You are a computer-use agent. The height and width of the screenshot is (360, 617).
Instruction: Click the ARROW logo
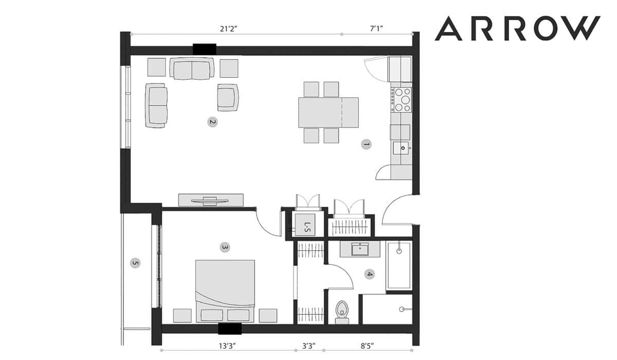coord(517,28)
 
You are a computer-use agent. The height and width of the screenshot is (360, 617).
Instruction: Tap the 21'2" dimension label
coord(229,29)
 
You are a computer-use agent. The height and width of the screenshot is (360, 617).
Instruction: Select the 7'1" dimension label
coord(376,29)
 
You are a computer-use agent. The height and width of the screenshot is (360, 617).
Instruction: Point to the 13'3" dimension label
coord(228,346)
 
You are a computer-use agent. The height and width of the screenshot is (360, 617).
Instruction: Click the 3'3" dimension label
coord(309,346)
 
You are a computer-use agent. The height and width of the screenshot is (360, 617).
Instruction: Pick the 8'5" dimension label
coord(367,346)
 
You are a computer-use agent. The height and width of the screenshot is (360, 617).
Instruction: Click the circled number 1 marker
coord(366,144)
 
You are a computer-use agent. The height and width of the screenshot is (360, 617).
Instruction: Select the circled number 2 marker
coord(212,122)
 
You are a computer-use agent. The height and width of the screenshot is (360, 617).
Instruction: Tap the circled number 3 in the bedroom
coord(225,247)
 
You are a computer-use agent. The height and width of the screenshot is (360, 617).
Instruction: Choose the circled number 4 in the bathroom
coord(369,274)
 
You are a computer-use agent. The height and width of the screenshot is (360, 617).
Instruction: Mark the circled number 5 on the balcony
coord(135,263)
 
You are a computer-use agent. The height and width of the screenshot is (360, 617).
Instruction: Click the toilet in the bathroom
coord(342,312)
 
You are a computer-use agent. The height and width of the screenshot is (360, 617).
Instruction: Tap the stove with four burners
coord(402,100)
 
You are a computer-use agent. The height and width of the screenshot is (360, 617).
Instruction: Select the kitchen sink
coord(402,149)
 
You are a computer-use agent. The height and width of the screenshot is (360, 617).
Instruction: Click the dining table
coord(329,113)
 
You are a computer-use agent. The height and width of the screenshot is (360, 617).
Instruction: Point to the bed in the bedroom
coord(225,291)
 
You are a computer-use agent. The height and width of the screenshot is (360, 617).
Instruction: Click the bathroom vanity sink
coord(360,249)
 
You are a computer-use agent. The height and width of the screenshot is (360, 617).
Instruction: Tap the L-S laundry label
coord(307,227)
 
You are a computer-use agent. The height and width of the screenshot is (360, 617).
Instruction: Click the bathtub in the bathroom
coord(399,266)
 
